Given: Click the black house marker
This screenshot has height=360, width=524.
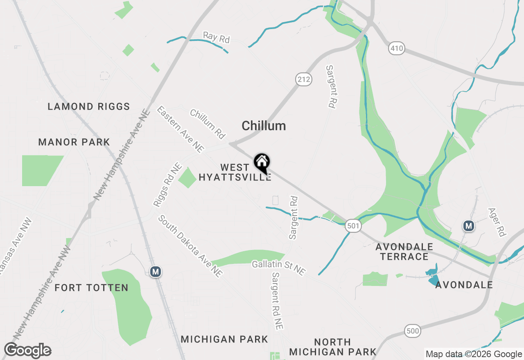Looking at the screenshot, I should [x=262, y=163].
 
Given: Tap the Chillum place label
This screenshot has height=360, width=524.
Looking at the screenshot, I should [x=264, y=126].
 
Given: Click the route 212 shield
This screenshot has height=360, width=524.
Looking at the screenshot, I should [x=304, y=79].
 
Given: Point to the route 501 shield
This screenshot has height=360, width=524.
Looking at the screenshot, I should [x=352, y=225].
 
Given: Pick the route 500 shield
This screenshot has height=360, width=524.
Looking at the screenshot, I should [x=413, y=331].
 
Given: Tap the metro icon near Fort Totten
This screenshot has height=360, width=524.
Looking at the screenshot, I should [x=155, y=272].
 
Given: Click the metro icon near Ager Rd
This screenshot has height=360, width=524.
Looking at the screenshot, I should [x=468, y=225].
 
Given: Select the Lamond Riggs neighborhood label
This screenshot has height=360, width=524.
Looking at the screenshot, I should [x=89, y=107].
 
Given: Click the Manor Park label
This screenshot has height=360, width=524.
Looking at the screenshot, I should [x=74, y=142].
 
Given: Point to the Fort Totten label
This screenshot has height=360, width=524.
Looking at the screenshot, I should [x=91, y=288].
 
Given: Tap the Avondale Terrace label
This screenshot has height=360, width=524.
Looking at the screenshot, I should [x=404, y=252].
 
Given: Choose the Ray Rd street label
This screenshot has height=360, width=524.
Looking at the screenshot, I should [x=217, y=38].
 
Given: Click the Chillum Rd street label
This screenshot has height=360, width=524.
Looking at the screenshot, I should [x=208, y=124].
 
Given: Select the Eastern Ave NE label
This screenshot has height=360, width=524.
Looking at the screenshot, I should [x=180, y=129].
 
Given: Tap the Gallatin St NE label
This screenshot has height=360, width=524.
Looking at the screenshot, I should [x=279, y=268].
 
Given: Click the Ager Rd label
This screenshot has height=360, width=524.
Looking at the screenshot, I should [x=497, y=222].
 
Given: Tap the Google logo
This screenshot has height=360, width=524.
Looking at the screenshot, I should [x=28, y=351].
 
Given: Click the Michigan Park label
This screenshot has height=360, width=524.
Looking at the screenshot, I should [x=224, y=339].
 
